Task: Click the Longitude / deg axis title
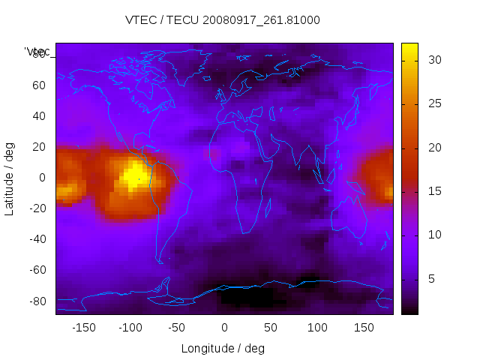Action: [223, 348]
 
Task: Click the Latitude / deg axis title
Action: [10, 178]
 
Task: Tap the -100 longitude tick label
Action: [130, 327]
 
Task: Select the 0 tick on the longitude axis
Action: [224, 327]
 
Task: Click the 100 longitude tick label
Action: [317, 327]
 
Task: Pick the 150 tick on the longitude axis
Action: [364, 327]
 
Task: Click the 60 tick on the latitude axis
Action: [38, 85]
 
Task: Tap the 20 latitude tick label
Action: [38, 147]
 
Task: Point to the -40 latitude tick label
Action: [35, 239]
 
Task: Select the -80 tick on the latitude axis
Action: [35, 301]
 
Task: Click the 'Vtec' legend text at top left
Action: [37, 52]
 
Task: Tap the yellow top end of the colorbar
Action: [409, 49]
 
